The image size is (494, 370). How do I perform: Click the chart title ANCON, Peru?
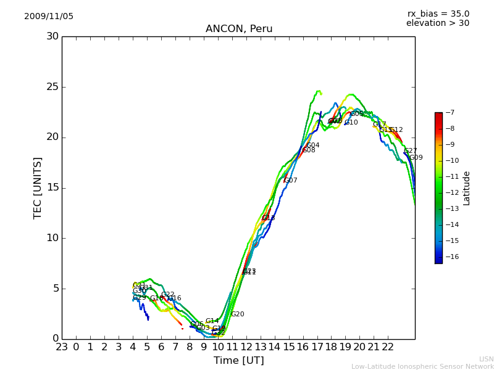[238, 29]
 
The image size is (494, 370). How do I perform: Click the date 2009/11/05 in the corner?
[49, 17]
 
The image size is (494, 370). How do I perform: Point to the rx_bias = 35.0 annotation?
[438, 14]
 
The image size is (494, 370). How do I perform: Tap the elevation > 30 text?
[437, 23]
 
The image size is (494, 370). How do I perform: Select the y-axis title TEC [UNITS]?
[38, 187]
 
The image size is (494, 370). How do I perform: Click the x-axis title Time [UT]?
[238, 361]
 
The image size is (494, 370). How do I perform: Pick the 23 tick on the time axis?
[62, 347]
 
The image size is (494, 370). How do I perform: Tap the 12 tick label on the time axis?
[246, 347]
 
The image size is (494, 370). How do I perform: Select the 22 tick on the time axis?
[388, 347]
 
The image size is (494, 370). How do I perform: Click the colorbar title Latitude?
[467, 188]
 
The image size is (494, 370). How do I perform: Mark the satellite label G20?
[237, 314]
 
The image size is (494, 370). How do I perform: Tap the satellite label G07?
[290, 181]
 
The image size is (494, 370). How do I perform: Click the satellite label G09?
[416, 158]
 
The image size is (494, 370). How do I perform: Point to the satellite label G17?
[379, 125]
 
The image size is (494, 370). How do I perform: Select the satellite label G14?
[212, 321]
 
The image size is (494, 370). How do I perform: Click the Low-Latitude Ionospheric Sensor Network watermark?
[422, 367]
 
